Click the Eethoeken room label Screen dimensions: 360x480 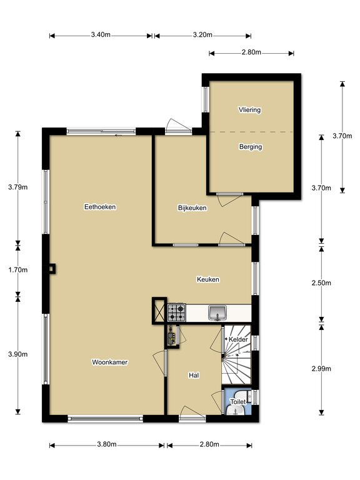[x=100, y=207]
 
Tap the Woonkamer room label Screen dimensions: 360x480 [x=109, y=362]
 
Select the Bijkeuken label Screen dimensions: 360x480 [x=192, y=208]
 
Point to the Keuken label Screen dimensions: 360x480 [x=208, y=279]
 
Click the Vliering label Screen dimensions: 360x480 [x=250, y=109]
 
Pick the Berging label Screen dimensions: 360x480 [x=251, y=147]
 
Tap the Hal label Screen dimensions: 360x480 [x=194, y=375]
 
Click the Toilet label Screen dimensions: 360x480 [x=238, y=402]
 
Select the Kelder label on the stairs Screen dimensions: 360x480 [x=238, y=339]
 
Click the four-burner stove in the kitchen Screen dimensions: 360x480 [x=177, y=312]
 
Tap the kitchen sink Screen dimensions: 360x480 [x=217, y=313]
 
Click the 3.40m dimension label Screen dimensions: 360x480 [x=101, y=34]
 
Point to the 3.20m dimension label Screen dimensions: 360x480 [x=202, y=34]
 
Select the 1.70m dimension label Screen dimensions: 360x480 [x=17, y=270]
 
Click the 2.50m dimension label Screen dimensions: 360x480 [x=321, y=283]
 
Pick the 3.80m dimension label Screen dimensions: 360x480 [x=107, y=444]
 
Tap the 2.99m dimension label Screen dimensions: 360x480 [x=321, y=369]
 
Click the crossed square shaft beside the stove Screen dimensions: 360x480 [x=159, y=311]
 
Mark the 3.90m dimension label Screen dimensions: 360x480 [x=17, y=354]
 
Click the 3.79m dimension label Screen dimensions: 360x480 [x=17, y=187]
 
